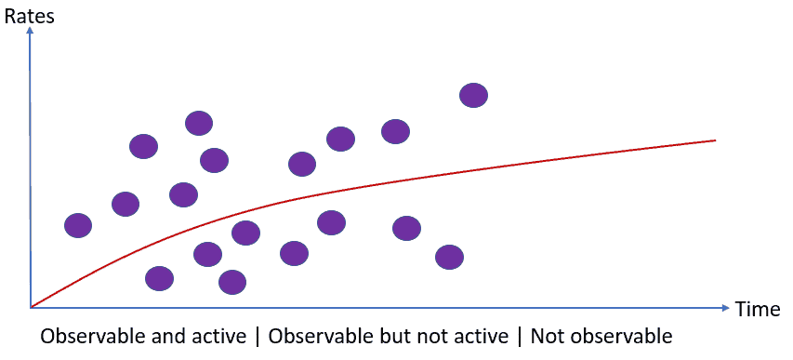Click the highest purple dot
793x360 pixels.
tap(473, 95)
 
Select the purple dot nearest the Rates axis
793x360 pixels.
tap(78, 225)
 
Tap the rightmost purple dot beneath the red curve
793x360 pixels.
tap(449, 258)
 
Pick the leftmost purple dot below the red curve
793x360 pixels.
tap(159, 278)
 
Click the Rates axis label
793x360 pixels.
tap(29, 16)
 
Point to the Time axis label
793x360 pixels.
tap(757, 309)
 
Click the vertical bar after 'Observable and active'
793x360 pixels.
tap(258, 337)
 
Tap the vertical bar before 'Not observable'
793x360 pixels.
tap(520, 337)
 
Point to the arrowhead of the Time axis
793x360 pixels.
tap(726, 307)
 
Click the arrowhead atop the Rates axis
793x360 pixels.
tap(30, 31)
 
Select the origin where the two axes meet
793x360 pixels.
tap(31, 307)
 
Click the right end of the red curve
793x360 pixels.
tap(716, 140)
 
